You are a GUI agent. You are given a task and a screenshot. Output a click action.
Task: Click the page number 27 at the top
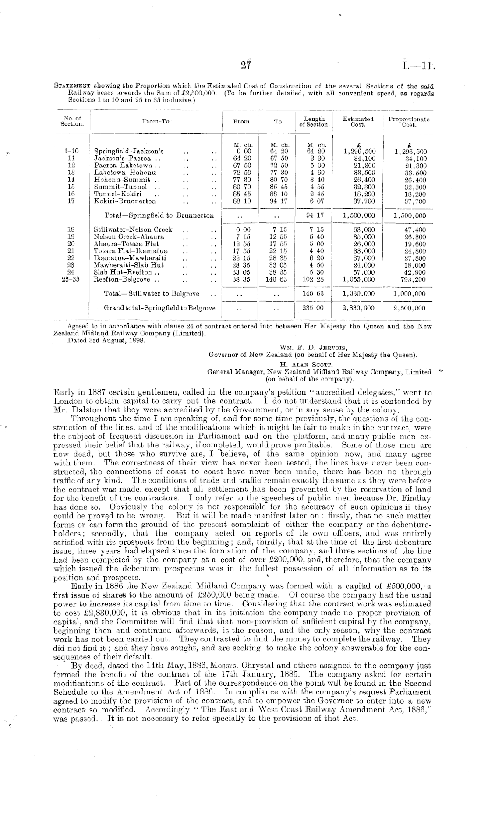point(245,66)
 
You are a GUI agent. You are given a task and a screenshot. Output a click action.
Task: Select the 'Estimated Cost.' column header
point(358,122)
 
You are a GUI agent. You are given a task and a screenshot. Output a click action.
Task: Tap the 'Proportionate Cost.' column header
point(409,122)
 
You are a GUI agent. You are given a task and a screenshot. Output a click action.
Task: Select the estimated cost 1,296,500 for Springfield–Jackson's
point(359,152)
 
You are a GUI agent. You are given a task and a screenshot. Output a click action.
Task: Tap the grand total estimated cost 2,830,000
point(359,308)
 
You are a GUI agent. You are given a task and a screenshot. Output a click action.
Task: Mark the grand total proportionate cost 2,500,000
point(409,308)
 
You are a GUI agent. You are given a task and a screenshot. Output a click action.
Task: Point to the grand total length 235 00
point(313,308)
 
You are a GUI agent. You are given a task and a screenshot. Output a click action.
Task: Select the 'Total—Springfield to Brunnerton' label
point(159,215)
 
